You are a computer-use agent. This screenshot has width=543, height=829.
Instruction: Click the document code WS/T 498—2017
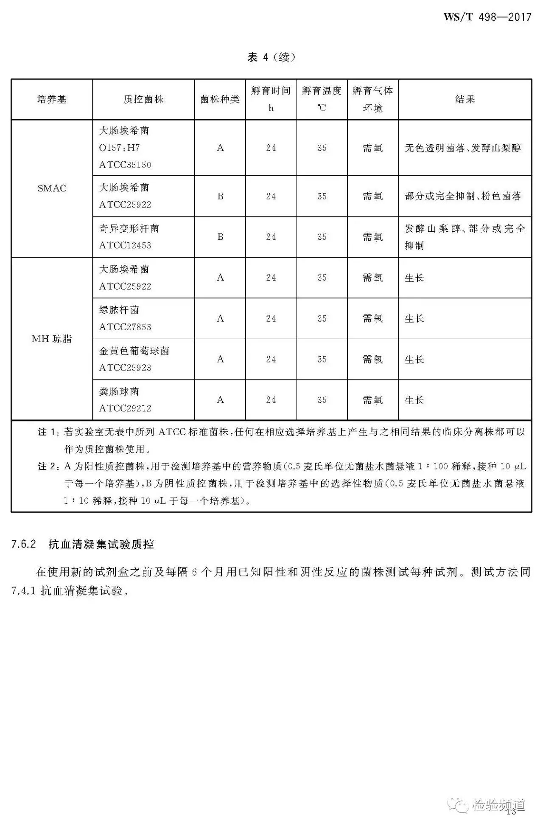click(487, 17)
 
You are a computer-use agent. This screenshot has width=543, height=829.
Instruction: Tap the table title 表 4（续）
click(271, 57)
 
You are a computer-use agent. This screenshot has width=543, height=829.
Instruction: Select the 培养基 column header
click(52, 99)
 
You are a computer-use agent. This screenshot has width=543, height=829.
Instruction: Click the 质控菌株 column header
click(143, 99)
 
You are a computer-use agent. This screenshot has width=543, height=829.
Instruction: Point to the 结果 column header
click(465, 99)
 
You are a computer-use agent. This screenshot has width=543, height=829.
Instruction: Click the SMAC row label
click(52, 188)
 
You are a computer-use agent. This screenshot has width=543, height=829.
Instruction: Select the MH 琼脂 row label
click(52, 339)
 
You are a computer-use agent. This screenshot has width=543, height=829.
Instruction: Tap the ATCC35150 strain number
click(125, 165)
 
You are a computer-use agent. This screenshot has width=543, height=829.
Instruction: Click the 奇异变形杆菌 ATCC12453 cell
click(129, 237)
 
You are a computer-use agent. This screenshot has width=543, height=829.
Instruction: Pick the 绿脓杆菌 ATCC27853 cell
click(125, 318)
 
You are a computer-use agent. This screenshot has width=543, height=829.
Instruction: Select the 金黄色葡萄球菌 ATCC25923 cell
click(134, 359)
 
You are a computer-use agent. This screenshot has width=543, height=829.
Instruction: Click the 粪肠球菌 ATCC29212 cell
click(125, 400)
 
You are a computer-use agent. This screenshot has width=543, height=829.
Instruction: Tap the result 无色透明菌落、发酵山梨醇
click(463, 148)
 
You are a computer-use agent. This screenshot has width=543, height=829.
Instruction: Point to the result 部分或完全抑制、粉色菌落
click(463, 196)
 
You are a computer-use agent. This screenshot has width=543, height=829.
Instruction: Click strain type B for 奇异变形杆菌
click(220, 237)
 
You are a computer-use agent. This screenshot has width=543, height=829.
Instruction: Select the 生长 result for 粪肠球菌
click(414, 400)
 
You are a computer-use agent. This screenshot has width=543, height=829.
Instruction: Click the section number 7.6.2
click(24, 544)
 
